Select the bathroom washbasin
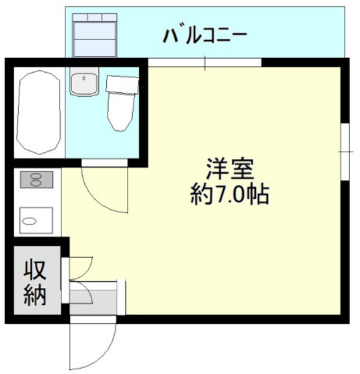(x=85, y=83)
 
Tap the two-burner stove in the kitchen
(x=35, y=179)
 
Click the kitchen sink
(x=36, y=218)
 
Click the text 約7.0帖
(x=230, y=194)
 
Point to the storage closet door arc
(x=80, y=267)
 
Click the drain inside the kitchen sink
(x=29, y=219)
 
